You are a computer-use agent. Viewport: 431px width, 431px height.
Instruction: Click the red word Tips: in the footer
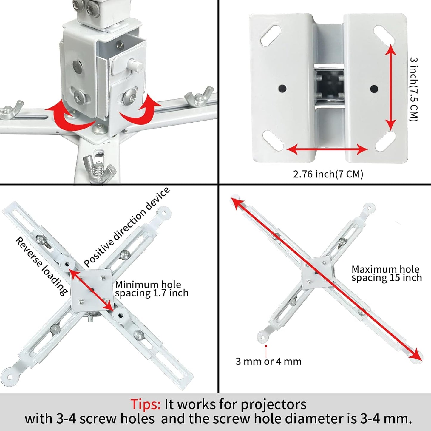click(x=145, y=404)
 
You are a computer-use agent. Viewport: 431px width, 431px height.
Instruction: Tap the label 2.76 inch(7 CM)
click(x=328, y=174)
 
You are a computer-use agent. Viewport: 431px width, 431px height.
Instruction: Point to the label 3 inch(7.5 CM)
click(x=414, y=89)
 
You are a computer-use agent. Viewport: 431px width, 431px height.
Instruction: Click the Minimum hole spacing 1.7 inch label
click(x=152, y=289)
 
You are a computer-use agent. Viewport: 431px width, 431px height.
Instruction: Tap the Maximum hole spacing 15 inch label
click(x=386, y=274)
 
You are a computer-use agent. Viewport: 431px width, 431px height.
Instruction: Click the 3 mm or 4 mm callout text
click(x=268, y=362)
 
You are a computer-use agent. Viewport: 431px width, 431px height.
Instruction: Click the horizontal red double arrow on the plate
click(x=327, y=149)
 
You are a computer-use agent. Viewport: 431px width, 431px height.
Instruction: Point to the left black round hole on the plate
click(x=282, y=89)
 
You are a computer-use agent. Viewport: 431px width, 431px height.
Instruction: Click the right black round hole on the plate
click(x=374, y=89)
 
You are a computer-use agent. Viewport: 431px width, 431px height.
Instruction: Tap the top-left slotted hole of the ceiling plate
click(x=270, y=35)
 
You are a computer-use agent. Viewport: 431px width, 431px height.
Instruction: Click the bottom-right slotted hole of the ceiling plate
click(x=385, y=141)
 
